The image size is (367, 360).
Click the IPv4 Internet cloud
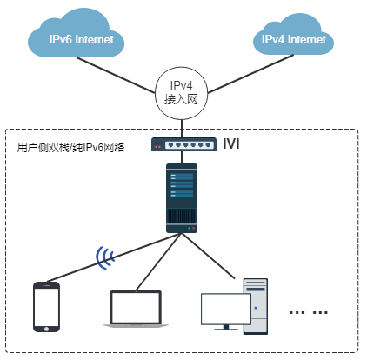point(293,37)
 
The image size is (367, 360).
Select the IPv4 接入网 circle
point(182,93)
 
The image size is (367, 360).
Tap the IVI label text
point(231,143)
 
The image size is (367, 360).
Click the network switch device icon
point(183,144)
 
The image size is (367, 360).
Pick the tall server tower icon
point(182,198)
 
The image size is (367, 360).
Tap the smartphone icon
point(46,307)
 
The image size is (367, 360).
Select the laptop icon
point(136,309)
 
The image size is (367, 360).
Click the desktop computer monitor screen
point(226,309)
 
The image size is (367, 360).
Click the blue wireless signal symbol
point(104,257)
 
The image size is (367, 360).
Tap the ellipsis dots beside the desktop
point(309,312)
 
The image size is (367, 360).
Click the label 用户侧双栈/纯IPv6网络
point(70,148)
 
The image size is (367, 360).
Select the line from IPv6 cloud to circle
point(116,76)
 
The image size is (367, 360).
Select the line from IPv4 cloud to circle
point(250,74)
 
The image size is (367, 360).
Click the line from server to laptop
point(158,262)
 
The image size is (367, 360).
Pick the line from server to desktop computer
point(208,256)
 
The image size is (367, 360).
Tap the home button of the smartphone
point(46,329)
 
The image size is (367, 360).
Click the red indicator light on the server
point(194,229)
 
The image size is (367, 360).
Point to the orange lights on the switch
point(157,147)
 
